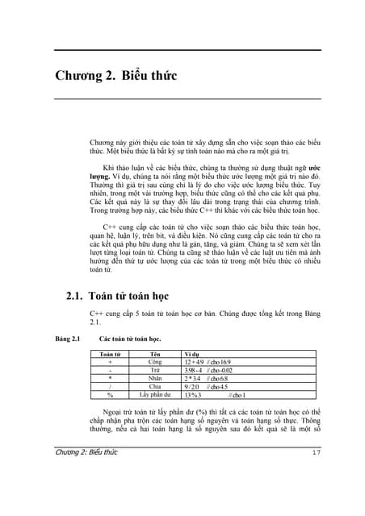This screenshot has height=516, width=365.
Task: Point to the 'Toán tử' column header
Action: pyautogui.click(x=109, y=354)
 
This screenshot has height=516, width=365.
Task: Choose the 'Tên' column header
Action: pyautogui.click(x=156, y=354)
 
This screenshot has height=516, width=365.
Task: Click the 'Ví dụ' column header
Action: pyautogui.click(x=192, y=354)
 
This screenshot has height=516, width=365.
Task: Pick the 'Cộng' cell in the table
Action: pyautogui.click(x=156, y=362)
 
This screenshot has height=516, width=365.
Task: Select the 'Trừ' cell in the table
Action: pyautogui.click(x=156, y=370)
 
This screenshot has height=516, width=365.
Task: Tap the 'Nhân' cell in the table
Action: pyautogui.click(x=156, y=378)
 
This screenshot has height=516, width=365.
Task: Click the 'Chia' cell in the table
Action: pyautogui.click(x=156, y=386)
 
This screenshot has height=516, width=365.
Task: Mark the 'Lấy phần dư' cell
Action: pyautogui.click(x=156, y=395)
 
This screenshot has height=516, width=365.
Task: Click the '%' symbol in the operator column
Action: pyautogui.click(x=110, y=395)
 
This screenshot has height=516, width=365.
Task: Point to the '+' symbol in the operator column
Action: pyautogui.click(x=110, y=362)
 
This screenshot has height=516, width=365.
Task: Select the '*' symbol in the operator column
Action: pyautogui.click(x=110, y=379)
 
